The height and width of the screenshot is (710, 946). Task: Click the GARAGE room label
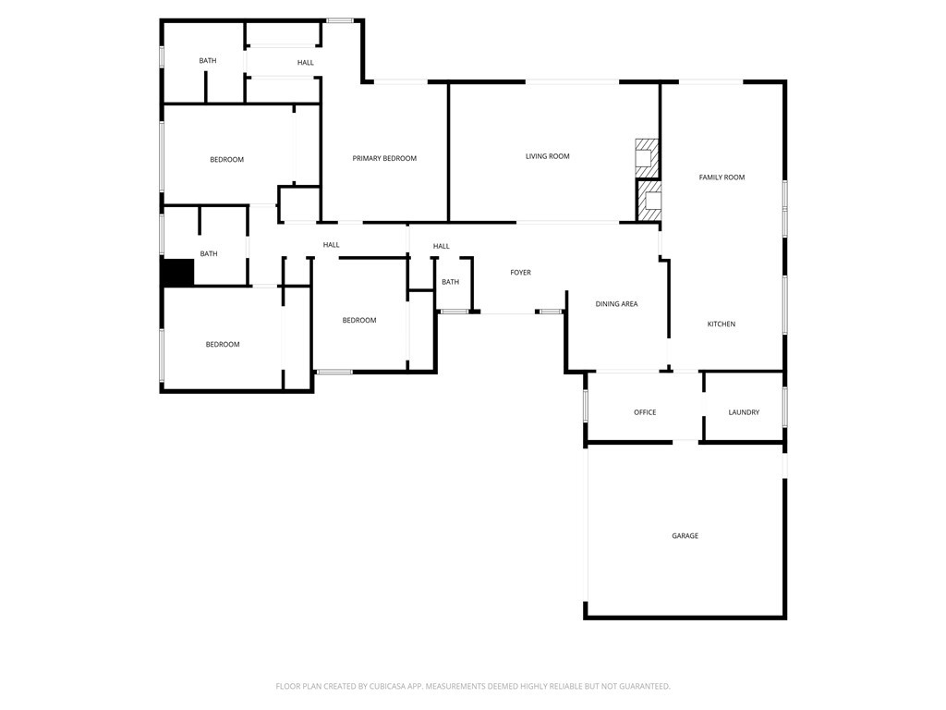[x=685, y=535]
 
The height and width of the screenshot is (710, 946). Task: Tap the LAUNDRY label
[x=744, y=412]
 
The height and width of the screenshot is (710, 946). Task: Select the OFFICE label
[x=645, y=412]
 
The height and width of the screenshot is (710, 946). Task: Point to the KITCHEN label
[x=721, y=324]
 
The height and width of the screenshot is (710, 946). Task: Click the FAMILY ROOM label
[x=722, y=177]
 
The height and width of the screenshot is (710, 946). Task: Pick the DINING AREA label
[x=616, y=304]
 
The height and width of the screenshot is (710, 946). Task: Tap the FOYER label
[x=521, y=273]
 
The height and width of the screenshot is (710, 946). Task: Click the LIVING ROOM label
[x=547, y=156]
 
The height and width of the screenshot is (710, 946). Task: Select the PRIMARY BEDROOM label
[x=384, y=159]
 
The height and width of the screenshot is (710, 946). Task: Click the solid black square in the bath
[x=178, y=272]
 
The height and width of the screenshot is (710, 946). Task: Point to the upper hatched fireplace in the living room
[x=646, y=158]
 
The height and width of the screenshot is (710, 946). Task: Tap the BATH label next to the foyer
[x=450, y=282]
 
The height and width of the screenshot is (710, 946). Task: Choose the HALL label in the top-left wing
[x=305, y=63]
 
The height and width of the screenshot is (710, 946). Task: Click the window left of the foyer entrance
[x=454, y=312]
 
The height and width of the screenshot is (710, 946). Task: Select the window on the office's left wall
[x=585, y=406]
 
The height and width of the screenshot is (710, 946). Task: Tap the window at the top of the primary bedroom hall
[x=340, y=21]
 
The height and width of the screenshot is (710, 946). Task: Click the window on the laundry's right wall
[x=785, y=407]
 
